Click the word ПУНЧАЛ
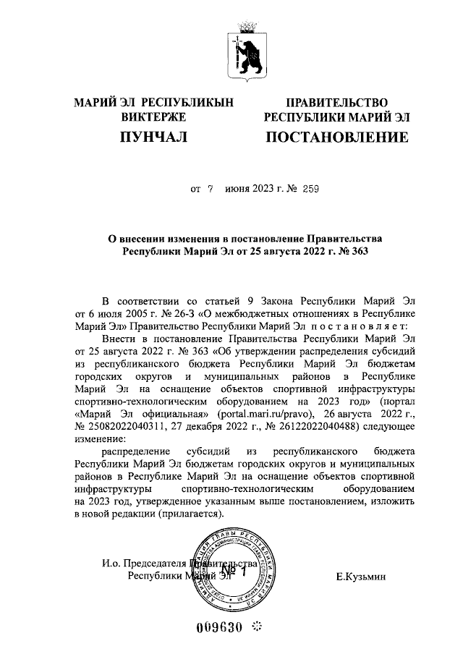(154, 137)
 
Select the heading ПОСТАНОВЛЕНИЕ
(336, 137)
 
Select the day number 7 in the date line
(211, 189)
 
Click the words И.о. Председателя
(144, 564)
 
